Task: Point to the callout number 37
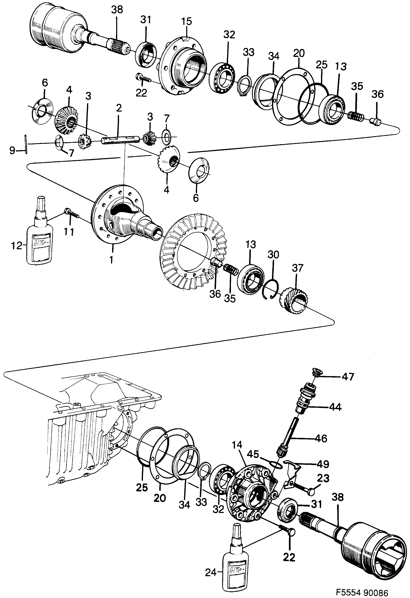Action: pyautogui.click(x=297, y=268)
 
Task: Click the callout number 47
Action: pyautogui.click(x=348, y=377)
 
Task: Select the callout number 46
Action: pyautogui.click(x=321, y=438)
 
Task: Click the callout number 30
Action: pyautogui.click(x=273, y=255)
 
